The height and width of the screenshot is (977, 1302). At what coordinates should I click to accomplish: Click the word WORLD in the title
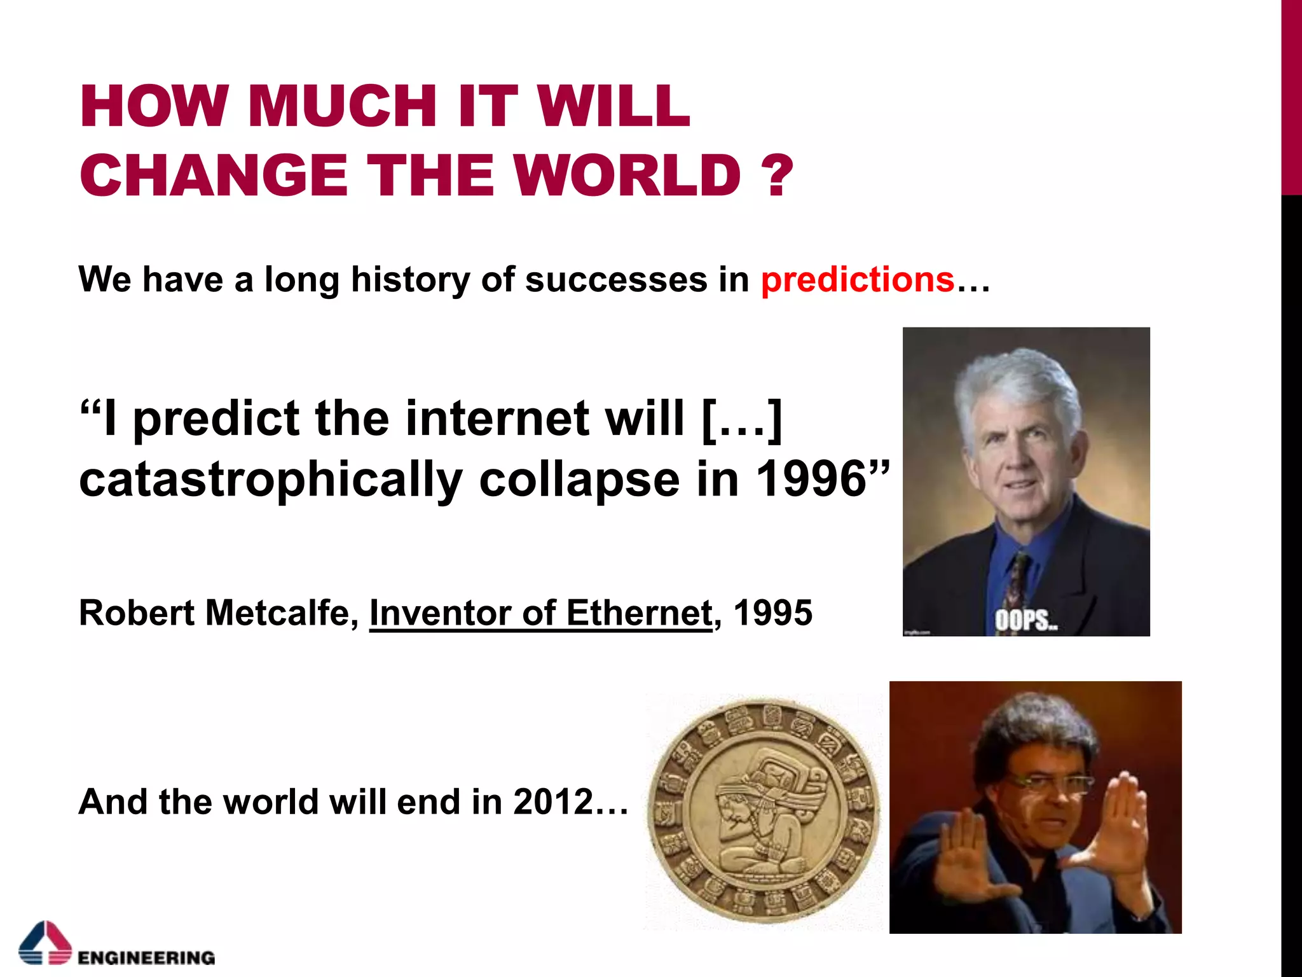627,176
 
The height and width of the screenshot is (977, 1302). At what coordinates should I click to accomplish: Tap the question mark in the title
776,176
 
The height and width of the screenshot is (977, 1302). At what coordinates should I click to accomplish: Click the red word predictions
857,280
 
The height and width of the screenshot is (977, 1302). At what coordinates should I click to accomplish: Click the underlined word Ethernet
638,613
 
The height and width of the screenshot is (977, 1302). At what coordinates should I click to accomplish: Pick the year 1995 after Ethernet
772,613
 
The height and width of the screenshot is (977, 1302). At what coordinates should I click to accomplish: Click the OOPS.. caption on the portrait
1025,620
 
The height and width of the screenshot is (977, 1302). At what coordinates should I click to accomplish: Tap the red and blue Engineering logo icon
45,943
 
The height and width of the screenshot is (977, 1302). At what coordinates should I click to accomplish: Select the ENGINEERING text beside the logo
146,957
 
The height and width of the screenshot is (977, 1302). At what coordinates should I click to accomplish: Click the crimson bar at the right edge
1291,95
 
